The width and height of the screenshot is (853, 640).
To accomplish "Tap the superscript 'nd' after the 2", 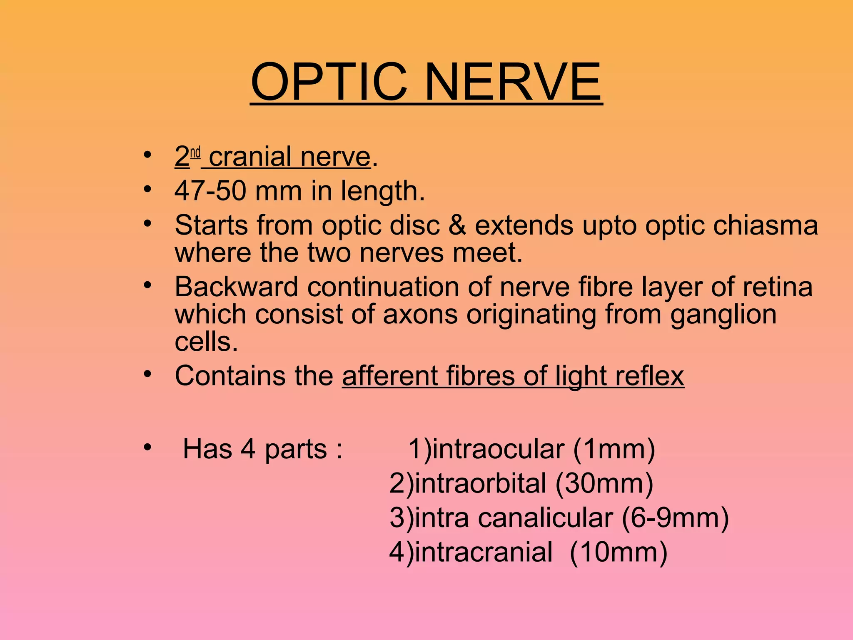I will click(195, 153).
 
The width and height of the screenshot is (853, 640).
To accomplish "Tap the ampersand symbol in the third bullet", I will click(457, 225).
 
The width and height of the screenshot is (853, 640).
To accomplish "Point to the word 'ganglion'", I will click(723, 315).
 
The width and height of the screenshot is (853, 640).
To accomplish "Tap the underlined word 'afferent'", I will click(390, 376).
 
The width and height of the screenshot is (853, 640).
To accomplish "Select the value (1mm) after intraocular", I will click(614, 449).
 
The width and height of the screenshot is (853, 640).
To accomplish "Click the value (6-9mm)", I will click(675, 518).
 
